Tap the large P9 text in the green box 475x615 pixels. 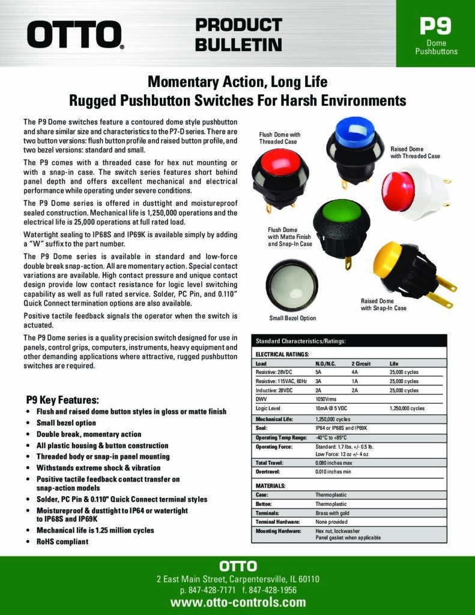point(435,27)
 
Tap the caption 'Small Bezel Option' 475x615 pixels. point(292,318)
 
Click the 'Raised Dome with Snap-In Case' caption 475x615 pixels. point(383,304)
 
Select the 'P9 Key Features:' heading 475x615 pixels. point(62,400)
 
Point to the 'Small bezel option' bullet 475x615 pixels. point(66,423)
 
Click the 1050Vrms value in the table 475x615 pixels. point(327,399)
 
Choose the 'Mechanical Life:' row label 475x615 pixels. point(274,419)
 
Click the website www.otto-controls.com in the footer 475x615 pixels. point(238,602)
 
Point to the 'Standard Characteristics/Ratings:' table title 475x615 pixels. point(301,341)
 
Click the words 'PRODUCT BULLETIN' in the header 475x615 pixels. point(238,34)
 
